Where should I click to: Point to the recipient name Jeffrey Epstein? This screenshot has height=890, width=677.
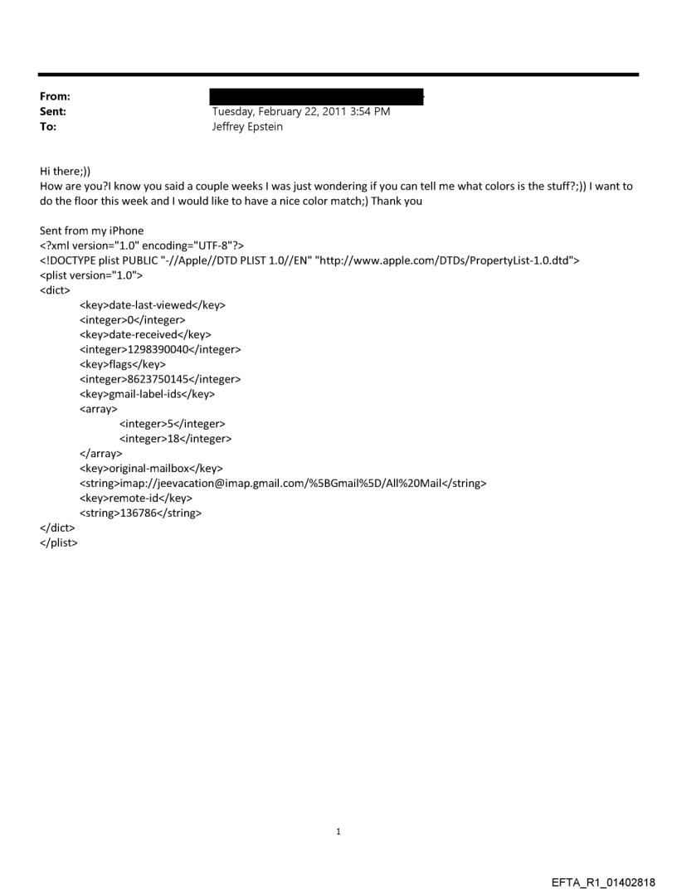click(x=248, y=127)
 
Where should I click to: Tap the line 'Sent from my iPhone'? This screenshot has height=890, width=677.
click(x=91, y=231)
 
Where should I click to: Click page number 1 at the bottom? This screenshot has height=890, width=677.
click(x=338, y=831)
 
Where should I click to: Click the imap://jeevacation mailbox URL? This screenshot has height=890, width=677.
click(x=282, y=484)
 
